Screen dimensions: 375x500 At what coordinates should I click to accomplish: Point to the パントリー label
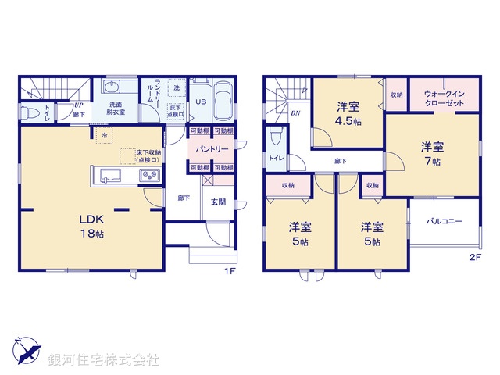pyautogui.click(x=212, y=148)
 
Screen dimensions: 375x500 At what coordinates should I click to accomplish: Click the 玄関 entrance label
pyautogui.click(x=219, y=202)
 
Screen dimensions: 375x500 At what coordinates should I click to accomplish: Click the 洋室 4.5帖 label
pyautogui.click(x=348, y=114)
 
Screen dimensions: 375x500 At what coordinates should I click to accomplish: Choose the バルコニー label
pyautogui.click(x=444, y=222)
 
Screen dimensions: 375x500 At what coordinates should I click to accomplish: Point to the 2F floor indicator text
pyautogui.click(x=475, y=257)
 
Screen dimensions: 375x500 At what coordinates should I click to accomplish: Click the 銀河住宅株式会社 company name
pyautogui.click(x=104, y=359)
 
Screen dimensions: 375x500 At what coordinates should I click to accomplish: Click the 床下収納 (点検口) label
pyautogui.click(x=148, y=156)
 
